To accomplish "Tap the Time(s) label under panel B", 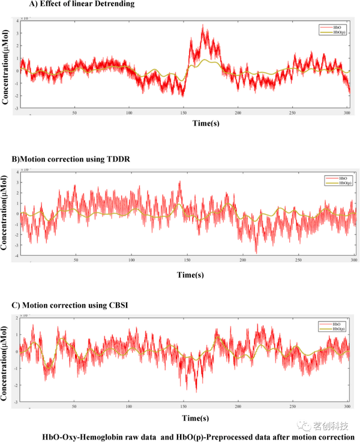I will click(190, 275).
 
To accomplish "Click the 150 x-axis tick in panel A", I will click(184, 113).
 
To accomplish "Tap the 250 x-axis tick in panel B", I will click(298, 260).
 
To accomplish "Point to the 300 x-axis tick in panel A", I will click(347, 113).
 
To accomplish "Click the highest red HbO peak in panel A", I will click(203, 25).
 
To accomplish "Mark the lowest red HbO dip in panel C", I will click(196, 391).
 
